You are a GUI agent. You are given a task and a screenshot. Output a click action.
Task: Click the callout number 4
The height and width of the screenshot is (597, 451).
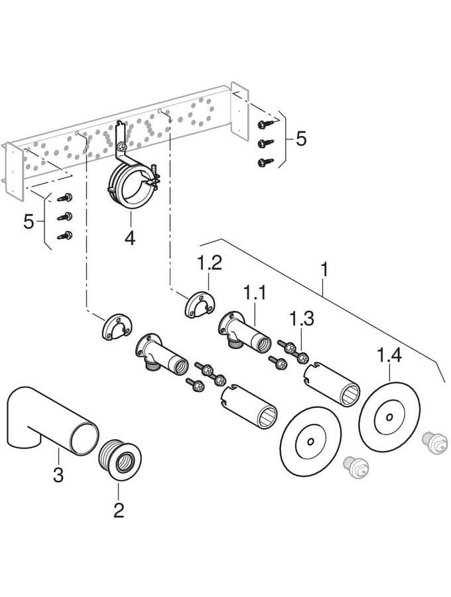coord(130,237)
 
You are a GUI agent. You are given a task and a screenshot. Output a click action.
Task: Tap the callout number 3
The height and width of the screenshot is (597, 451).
coord(58,475)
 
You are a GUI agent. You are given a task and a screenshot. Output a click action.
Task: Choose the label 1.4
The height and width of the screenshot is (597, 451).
coord(390,357)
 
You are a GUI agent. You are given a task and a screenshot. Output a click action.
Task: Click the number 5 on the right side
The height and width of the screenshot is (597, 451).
coord(301,139)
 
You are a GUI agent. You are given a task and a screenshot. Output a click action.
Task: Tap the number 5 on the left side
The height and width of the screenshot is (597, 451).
coord(29,221)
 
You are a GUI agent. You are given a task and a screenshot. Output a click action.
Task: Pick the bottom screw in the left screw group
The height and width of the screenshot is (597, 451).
coord(64,235)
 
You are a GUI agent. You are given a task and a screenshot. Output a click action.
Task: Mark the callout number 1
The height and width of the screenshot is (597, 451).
coord(325,271)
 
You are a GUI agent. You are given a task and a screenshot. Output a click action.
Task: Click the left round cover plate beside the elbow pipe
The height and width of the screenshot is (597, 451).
coord(310,440)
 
